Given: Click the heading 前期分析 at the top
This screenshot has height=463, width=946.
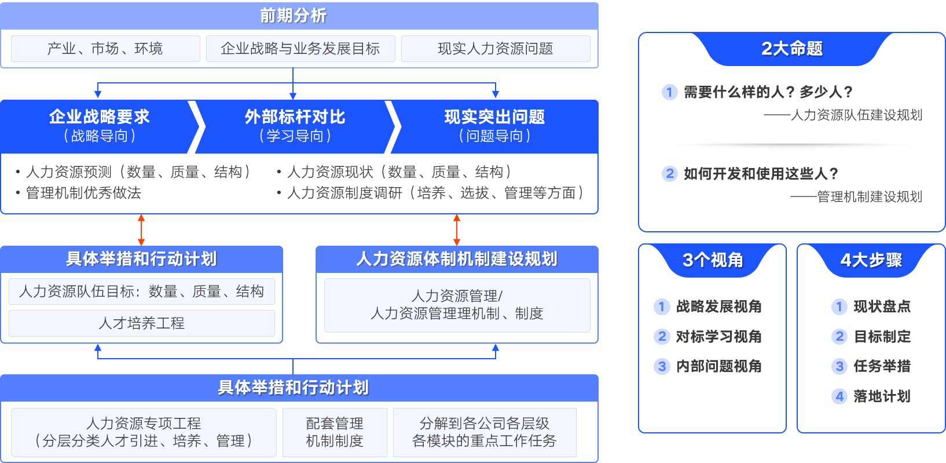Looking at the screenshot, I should tap(293, 16).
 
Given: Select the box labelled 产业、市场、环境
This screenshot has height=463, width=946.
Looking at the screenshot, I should tap(105, 49).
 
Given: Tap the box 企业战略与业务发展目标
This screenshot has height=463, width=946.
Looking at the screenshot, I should tap(300, 49).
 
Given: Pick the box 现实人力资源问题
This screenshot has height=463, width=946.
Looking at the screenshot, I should tap(496, 49).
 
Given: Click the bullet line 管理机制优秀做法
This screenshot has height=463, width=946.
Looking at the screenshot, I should tap(83, 193).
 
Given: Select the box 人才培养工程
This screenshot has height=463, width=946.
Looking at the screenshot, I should tap(142, 323).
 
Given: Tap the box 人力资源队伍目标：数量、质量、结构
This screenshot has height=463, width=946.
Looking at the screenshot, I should tap(142, 291).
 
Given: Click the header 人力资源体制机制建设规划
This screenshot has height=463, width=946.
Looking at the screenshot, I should tap(457, 259).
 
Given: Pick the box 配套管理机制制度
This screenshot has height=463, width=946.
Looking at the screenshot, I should tap(335, 432).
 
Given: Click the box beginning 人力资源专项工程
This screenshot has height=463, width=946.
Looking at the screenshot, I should tap(144, 432).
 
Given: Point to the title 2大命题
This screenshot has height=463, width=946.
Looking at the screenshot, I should tap(791, 49).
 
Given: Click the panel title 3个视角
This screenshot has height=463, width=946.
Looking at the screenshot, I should tap(713, 260).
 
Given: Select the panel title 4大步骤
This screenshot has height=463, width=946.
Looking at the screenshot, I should tap(871, 260).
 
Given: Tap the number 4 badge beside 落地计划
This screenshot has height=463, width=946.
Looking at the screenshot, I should tap(839, 396).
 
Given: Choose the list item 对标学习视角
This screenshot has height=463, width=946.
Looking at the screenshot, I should tap(718, 337).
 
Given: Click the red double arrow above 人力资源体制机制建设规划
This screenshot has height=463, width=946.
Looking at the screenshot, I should tap(457, 230).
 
